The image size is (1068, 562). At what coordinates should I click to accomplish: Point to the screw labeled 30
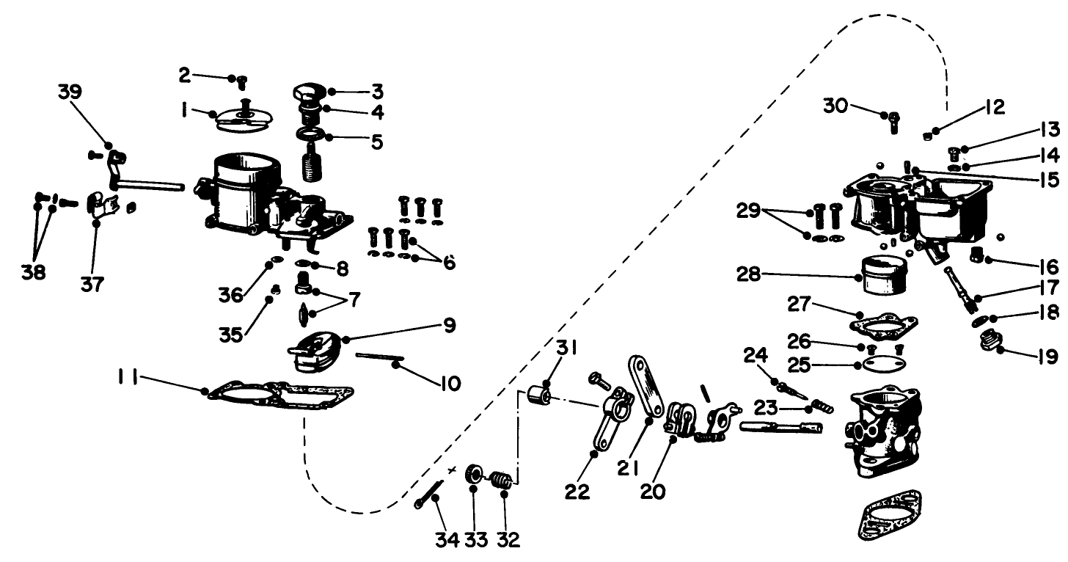pyautogui.click(x=894, y=121)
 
